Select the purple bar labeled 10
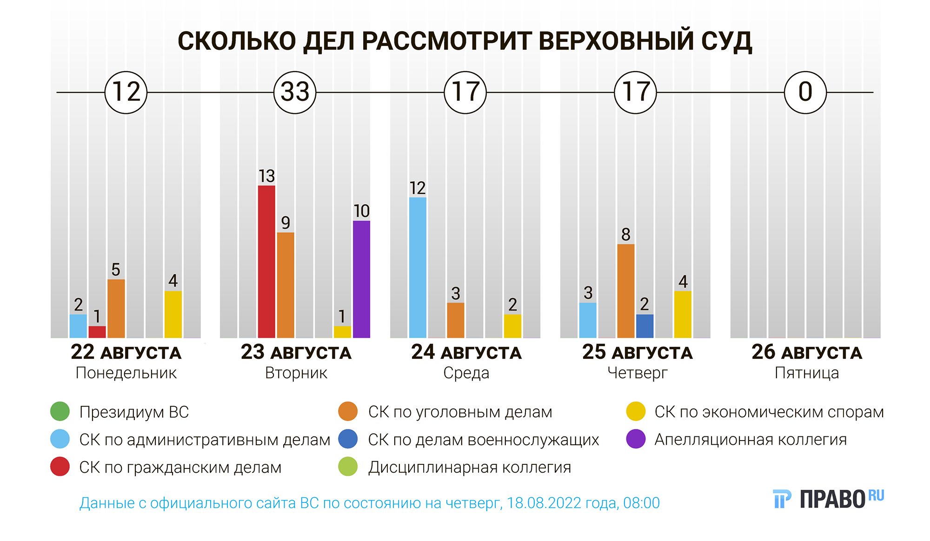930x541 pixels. point(361,279)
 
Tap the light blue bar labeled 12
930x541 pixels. point(418,267)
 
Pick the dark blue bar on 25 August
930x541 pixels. point(644,326)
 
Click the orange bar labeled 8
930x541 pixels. point(625,290)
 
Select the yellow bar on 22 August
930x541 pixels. point(173,314)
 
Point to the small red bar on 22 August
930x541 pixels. point(97,332)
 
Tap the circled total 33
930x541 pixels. point(295,92)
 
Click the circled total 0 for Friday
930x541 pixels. point(805,92)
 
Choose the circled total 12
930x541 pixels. point(126,92)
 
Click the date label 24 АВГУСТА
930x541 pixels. point(466,352)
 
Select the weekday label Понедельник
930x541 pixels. point(126,373)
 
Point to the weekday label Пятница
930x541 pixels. point(807,373)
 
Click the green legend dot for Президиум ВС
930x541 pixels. point(60,411)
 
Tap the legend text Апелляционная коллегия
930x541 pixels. point(751,439)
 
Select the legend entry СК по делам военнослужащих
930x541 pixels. point(483,439)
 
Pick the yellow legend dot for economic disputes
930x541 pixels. point(636,411)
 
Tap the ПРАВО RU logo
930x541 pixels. point(828,499)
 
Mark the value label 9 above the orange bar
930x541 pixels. point(286,223)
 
